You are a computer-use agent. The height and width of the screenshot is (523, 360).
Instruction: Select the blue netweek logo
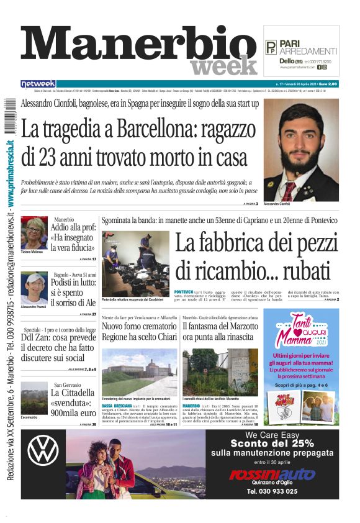tap(38, 84)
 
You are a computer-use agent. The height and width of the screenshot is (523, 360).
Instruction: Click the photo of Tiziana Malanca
tap(34, 233)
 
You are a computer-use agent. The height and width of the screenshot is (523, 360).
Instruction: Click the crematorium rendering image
tap(139, 371)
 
